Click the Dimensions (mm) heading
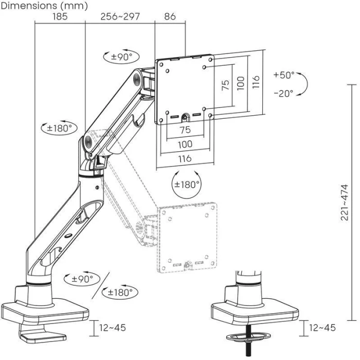click(x=44, y=6)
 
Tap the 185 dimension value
click(x=60, y=17)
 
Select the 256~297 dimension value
click(x=120, y=17)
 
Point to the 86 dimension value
click(x=169, y=17)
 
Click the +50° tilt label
click(x=284, y=75)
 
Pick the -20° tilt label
click(x=284, y=93)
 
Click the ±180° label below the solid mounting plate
click(x=186, y=184)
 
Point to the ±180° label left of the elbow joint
click(x=56, y=128)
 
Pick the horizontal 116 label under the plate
click(x=185, y=158)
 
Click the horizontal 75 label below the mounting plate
click(x=185, y=130)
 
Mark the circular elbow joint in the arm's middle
click(x=88, y=140)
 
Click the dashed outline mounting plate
click(x=188, y=237)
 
